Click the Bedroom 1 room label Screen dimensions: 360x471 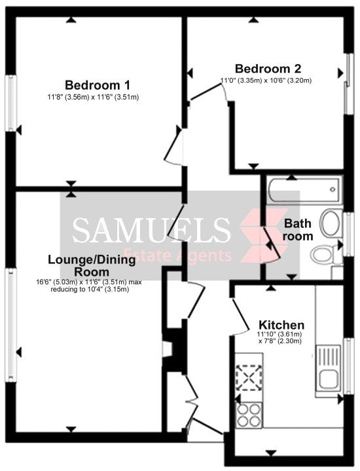[x=98, y=85]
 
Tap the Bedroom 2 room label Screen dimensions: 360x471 [x=268, y=69]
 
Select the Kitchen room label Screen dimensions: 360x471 [x=281, y=325]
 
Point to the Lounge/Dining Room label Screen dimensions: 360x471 [x=92, y=265]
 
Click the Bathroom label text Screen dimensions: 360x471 [x=298, y=230]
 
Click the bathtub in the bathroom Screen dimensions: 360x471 [x=306, y=190]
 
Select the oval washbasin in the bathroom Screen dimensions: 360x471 [x=331, y=223]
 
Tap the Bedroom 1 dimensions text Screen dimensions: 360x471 [x=93, y=97]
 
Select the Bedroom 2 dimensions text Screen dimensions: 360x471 [x=266, y=81]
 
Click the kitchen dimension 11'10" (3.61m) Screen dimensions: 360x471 [x=279, y=334]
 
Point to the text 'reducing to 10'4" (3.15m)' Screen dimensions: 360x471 [x=90, y=290]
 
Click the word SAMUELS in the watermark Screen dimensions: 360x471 [x=152, y=230]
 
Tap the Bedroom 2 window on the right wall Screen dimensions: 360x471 [x=348, y=84]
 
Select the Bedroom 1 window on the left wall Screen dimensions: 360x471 [x=11, y=103]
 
